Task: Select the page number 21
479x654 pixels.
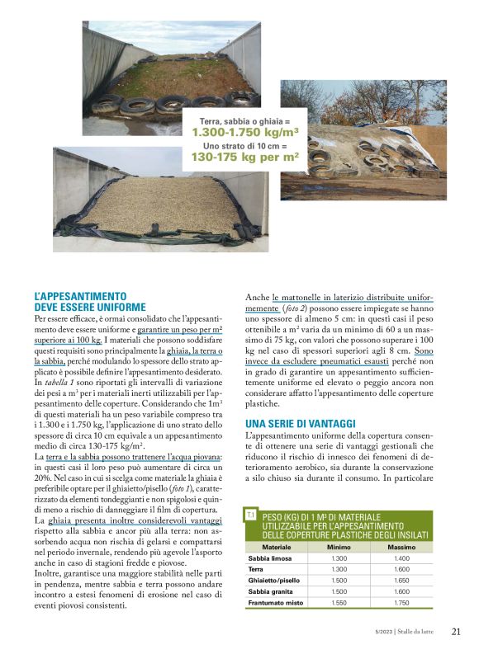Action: tap(456, 632)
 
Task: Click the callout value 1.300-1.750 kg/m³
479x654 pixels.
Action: tap(245, 131)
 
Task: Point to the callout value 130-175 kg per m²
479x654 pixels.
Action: tap(245, 155)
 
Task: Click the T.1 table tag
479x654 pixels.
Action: tap(250, 515)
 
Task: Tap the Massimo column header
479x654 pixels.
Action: tap(401, 547)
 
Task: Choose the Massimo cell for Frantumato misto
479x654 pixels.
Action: tap(401, 603)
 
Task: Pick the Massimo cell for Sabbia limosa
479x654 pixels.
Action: tap(401, 558)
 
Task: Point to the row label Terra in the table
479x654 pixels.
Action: tap(256, 569)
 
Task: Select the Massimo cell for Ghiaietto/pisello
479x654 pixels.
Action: tap(401, 581)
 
